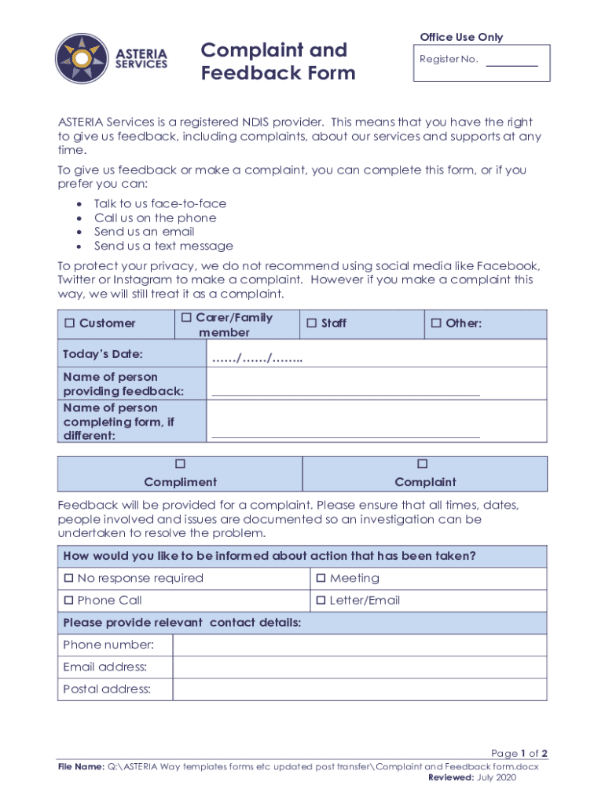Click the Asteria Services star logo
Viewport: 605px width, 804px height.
pos(82,59)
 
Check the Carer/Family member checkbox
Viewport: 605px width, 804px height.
pos(186,317)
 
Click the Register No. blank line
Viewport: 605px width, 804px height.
pos(511,63)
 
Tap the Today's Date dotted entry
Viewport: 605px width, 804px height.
pos(257,359)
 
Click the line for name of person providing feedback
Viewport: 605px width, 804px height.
pos(346,391)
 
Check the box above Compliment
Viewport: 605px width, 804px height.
pos(180,464)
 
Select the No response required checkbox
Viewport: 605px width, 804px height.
pos(68,579)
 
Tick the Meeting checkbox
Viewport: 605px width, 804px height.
pos(321,579)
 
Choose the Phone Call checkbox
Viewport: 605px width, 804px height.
pos(68,601)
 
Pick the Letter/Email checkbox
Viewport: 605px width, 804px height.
pos(321,601)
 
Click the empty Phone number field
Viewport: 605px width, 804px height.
pos(359,645)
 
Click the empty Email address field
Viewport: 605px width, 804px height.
pos(359,667)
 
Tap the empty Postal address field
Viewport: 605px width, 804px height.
pos(359,689)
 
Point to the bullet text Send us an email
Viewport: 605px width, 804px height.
pos(144,232)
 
